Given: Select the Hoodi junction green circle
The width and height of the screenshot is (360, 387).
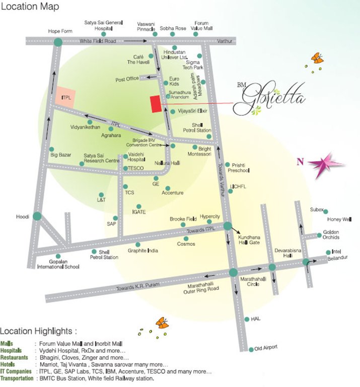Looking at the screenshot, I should (37, 216).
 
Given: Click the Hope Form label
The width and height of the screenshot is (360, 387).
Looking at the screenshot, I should (60, 31).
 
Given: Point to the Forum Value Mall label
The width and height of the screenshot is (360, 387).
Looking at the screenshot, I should (201, 26).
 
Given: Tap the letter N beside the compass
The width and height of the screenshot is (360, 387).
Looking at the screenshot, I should (300, 162).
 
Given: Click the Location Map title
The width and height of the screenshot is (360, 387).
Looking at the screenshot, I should (30, 7).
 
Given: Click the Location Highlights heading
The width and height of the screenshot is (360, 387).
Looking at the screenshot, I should (39, 331).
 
